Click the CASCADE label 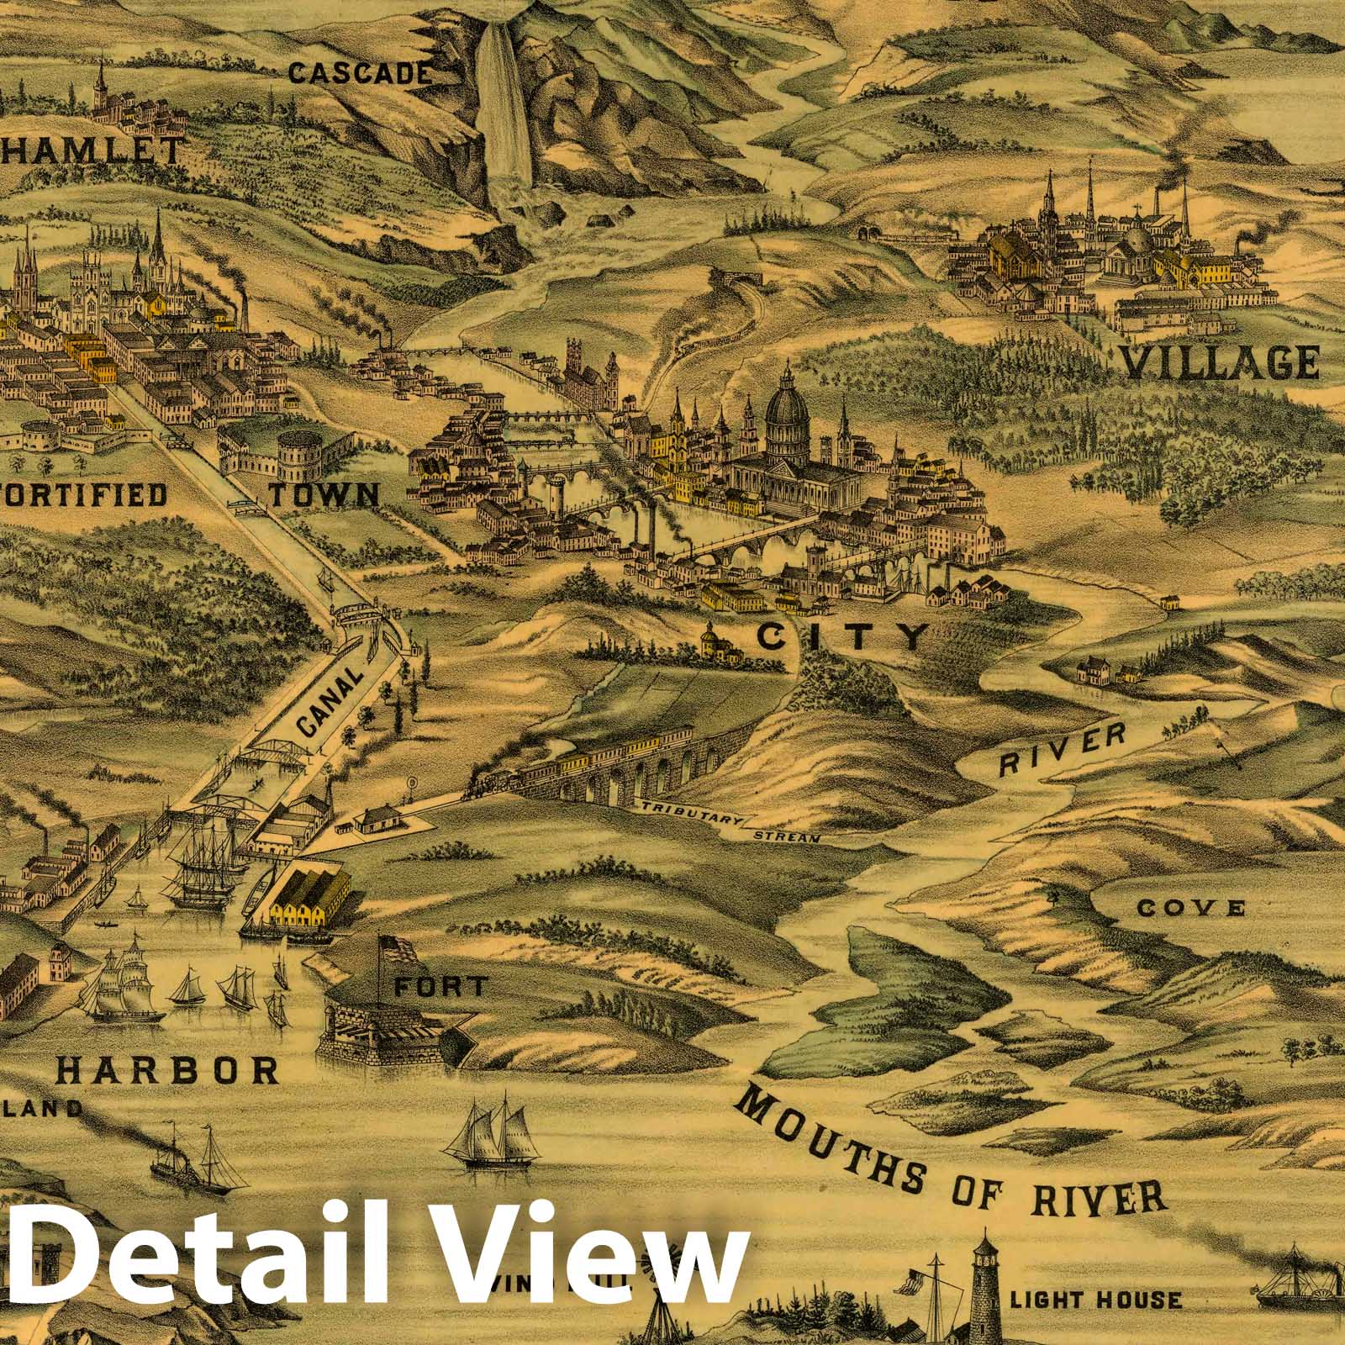tap(361, 74)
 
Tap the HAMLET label tap(92, 152)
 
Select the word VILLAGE tap(1221, 362)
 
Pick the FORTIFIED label tap(84, 494)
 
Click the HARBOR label tap(168, 1069)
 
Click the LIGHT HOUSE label tap(1095, 1300)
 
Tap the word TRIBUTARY tap(691, 813)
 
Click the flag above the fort tap(399, 949)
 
